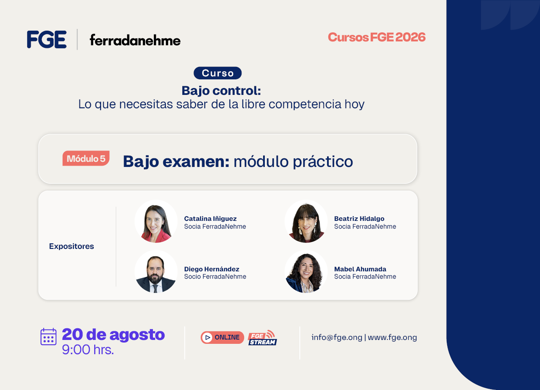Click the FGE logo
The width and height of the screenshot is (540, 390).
pyautogui.click(x=47, y=39)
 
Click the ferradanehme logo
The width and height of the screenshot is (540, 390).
pyautogui.click(x=135, y=40)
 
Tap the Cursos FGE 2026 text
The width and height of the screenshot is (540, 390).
pyautogui.click(x=377, y=37)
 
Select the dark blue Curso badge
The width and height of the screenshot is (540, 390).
pyautogui.click(x=217, y=73)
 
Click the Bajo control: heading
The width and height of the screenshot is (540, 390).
pyautogui.click(x=221, y=91)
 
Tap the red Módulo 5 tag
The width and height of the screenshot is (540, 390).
pyautogui.click(x=86, y=158)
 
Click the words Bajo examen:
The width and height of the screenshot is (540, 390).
pyautogui.click(x=176, y=161)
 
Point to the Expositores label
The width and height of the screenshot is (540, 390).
pyautogui.click(x=72, y=246)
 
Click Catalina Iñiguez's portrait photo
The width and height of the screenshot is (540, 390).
pyautogui.click(x=156, y=221)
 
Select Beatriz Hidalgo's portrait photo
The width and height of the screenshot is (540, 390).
pyautogui.click(x=306, y=221)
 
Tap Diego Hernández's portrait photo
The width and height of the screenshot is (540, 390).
pyautogui.click(x=156, y=271)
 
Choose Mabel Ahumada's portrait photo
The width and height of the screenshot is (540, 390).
pyautogui.click(x=306, y=271)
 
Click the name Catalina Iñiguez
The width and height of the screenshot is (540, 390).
pyautogui.click(x=210, y=218)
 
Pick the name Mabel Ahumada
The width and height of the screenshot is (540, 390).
pyautogui.click(x=360, y=269)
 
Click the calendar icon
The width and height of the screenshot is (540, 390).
pyautogui.click(x=48, y=337)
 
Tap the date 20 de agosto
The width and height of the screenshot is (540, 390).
pyautogui.click(x=113, y=334)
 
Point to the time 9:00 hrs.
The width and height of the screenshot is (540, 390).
pyautogui.click(x=88, y=349)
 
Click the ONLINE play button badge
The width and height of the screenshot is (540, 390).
pyautogui.click(x=222, y=337)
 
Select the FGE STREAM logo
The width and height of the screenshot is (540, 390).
pyautogui.click(x=263, y=337)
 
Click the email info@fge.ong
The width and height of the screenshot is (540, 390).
pyautogui.click(x=337, y=337)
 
